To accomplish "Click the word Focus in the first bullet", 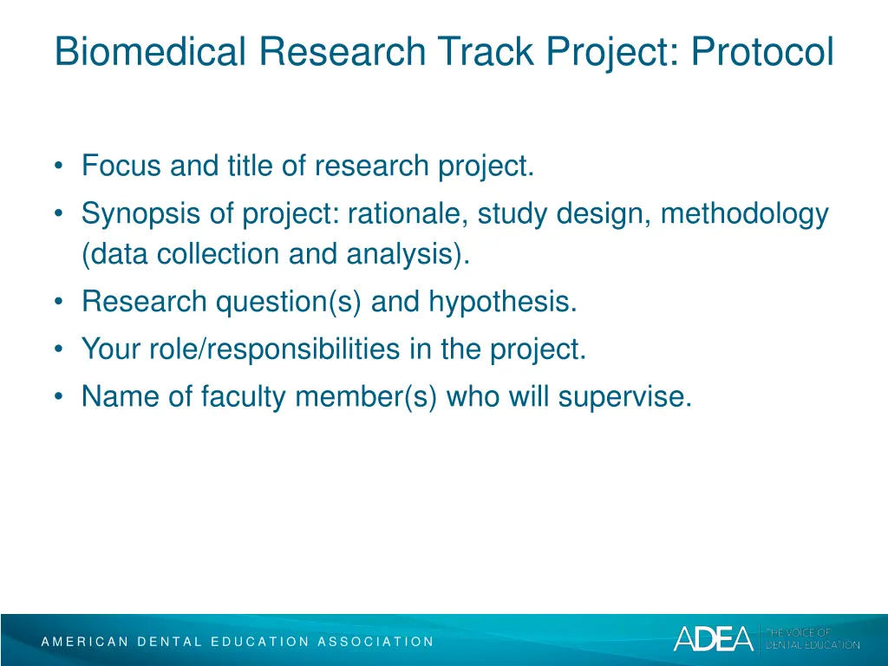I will [x=122, y=165].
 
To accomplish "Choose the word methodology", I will [x=745, y=213].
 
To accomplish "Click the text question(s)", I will [x=290, y=302].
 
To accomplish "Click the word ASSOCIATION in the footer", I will [x=375, y=642].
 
